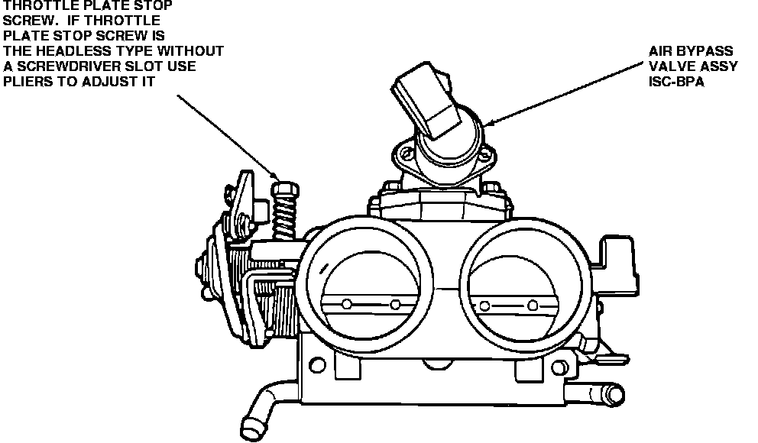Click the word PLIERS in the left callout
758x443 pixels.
point(28,82)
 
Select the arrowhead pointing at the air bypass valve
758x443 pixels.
point(489,123)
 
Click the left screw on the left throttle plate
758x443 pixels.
point(346,304)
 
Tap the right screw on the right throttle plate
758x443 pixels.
point(533,305)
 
